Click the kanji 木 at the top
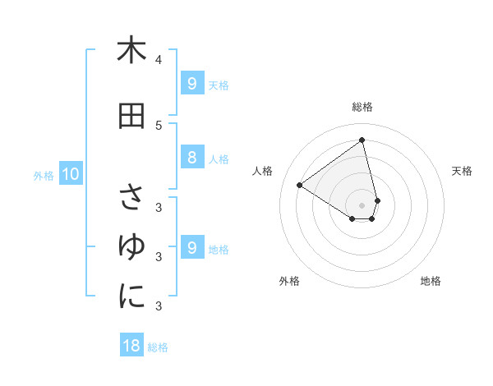coord(131,50)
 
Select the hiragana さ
coord(131,197)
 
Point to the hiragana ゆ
coord(131,246)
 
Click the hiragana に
coord(131,296)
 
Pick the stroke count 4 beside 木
coord(159,59)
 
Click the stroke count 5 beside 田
coord(159,125)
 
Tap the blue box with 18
coord(131,346)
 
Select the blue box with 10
coord(70,174)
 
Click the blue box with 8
coord(191,158)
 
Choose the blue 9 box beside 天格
coord(191,84)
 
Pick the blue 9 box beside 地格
coord(191,248)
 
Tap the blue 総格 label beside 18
coord(158,347)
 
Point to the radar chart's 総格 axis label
coord(362,107)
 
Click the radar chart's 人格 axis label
coord(263,171)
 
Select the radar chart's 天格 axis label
coord(462,171)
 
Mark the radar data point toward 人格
coord(299,185)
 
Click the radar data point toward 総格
coord(362,140)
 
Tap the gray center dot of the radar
coord(362,205)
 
